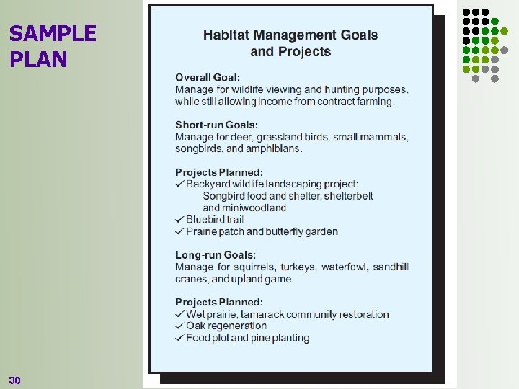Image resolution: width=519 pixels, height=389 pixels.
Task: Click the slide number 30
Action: tap(15, 380)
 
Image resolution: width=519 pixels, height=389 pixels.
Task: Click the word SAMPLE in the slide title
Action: tap(53, 34)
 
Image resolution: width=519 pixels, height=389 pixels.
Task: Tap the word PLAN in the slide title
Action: tap(38, 59)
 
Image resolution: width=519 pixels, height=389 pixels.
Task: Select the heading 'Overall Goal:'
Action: tap(208, 77)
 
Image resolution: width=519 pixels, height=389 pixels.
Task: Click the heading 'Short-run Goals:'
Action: tap(216, 125)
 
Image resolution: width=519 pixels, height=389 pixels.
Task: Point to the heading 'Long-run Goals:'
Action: tap(215, 255)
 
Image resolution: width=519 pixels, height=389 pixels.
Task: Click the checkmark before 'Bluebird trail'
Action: tap(179, 219)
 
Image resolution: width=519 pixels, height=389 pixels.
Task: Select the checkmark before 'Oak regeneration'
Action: tap(179, 326)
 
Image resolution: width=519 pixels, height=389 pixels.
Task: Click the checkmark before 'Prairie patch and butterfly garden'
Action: tap(179, 231)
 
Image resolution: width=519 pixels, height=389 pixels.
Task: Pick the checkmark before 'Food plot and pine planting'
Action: tap(179, 338)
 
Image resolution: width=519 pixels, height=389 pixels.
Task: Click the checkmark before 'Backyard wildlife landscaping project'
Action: tap(179, 184)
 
